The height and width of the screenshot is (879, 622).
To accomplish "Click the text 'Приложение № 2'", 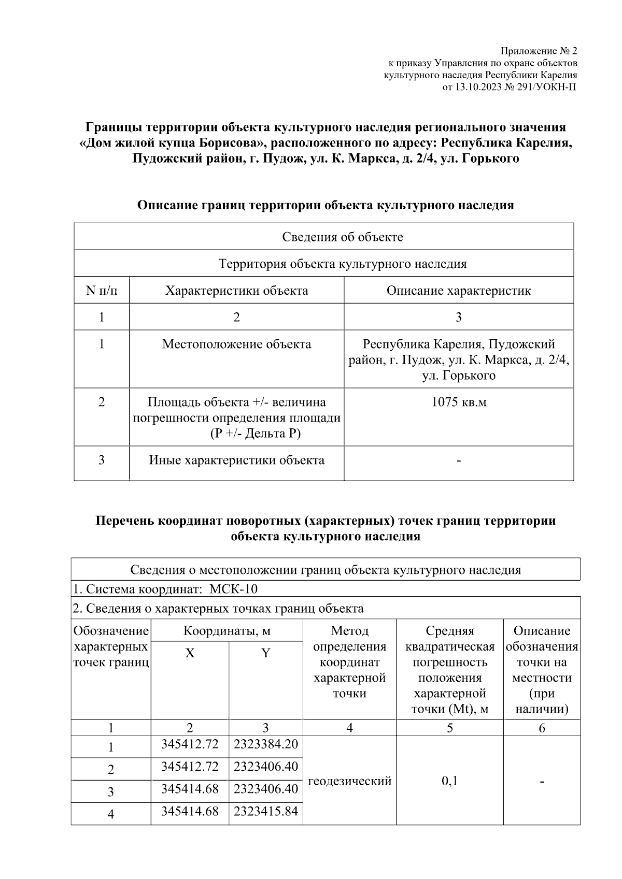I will click(x=539, y=51).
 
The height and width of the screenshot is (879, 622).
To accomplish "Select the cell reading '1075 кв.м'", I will click(x=459, y=402).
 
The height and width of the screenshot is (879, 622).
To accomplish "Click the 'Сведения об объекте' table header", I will click(x=342, y=237).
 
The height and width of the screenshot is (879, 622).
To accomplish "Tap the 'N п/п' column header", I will click(x=102, y=290).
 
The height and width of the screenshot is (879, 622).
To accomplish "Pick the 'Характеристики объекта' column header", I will click(x=236, y=290).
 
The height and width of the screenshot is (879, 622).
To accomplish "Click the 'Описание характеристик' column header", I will click(x=459, y=290).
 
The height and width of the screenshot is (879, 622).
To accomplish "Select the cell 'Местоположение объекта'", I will click(x=236, y=344).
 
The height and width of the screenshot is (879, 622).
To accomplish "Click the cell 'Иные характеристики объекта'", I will click(x=236, y=460).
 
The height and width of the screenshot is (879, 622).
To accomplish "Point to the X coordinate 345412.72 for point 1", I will click(x=190, y=744).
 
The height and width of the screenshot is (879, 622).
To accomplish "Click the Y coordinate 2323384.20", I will click(x=266, y=744).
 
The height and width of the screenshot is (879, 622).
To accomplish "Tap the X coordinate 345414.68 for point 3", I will click(x=190, y=789).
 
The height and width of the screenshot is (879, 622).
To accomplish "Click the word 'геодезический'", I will click(x=350, y=781).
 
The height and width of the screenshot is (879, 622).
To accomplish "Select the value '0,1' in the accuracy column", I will click(x=449, y=781).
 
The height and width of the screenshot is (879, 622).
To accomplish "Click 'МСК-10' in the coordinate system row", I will click(x=233, y=589).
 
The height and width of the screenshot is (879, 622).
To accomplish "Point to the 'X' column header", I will click(x=190, y=653).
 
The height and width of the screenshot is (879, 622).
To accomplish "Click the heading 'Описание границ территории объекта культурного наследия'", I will click(x=325, y=205).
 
